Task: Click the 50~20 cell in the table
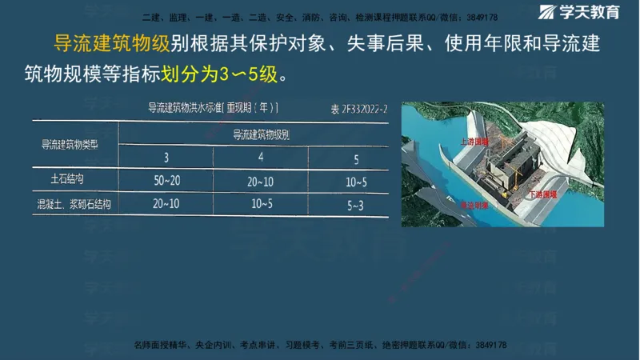pyautogui.click(x=166, y=182)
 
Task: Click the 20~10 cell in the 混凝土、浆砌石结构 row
pyautogui.click(x=166, y=205)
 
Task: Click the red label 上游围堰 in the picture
pyautogui.click(x=474, y=140)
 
